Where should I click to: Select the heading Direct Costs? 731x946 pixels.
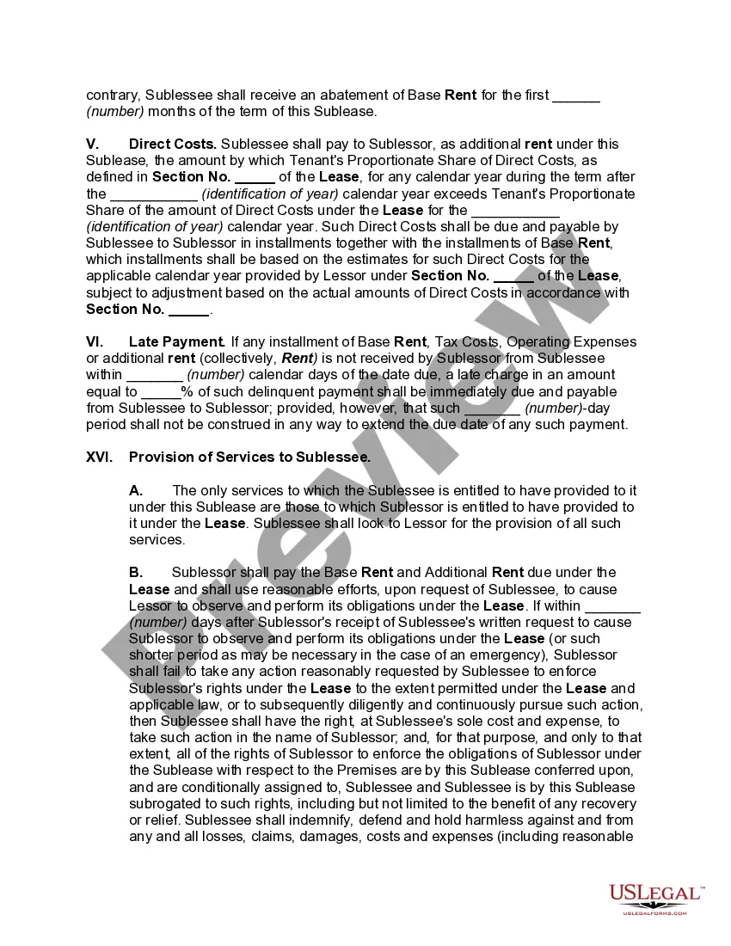click(172, 144)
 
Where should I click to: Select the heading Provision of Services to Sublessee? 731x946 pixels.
click(249, 458)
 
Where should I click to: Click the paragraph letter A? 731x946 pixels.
click(136, 490)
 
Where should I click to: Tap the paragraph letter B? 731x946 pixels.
click(136, 572)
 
